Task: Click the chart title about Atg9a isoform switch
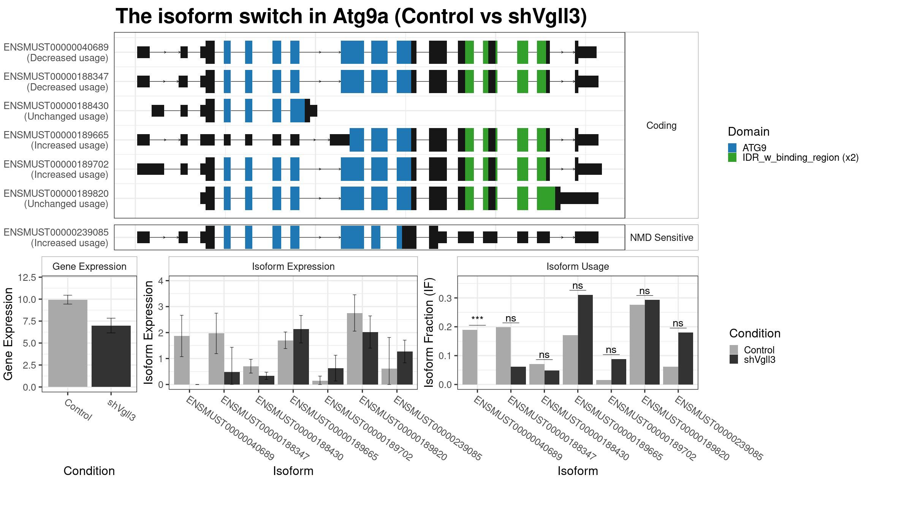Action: point(351,16)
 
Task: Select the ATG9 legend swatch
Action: point(732,148)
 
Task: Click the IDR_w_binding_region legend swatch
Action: point(732,157)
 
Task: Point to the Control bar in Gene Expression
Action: point(68,344)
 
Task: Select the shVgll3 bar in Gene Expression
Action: point(111,356)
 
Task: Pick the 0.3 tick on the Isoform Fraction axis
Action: point(445,298)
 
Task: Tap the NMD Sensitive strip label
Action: point(662,237)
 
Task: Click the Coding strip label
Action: point(662,125)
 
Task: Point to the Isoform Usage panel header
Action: point(578,266)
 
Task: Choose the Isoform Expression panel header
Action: point(293,266)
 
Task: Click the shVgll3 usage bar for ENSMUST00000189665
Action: point(585,340)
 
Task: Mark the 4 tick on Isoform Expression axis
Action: point(161,281)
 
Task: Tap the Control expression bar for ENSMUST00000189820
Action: point(355,349)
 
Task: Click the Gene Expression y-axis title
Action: point(8,334)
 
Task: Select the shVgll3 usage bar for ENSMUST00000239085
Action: point(686,358)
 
